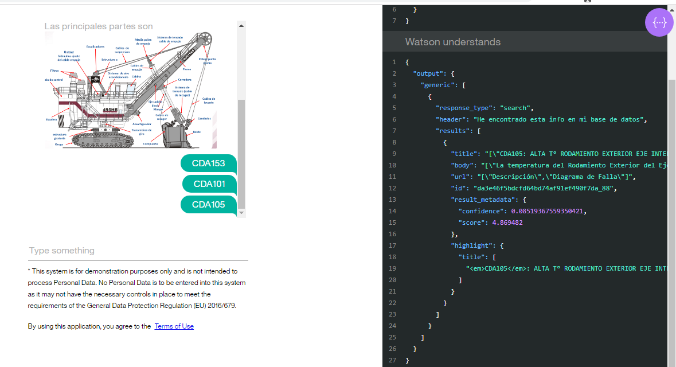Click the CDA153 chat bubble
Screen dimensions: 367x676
coord(208,163)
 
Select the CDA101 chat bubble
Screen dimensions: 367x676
coord(209,184)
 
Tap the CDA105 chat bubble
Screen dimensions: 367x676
coord(208,205)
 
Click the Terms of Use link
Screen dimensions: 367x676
coord(174,326)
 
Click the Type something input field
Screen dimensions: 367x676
coord(138,251)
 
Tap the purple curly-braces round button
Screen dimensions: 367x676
coord(659,22)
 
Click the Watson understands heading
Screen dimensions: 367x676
coord(452,42)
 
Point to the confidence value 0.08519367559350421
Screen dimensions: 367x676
coord(549,211)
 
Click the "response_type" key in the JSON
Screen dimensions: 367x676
coord(466,108)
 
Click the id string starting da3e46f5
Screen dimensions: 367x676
coord(544,188)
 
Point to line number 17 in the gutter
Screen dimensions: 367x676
coord(392,245)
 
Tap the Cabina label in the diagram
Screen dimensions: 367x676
coord(136,76)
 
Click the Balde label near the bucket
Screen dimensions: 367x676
coord(197,132)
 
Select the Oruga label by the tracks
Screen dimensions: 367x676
coord(59,145)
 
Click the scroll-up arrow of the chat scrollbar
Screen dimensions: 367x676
coord(241,26)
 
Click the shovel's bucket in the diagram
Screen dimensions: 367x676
coord(173,135)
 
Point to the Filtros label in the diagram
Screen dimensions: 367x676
coord(54,71)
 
